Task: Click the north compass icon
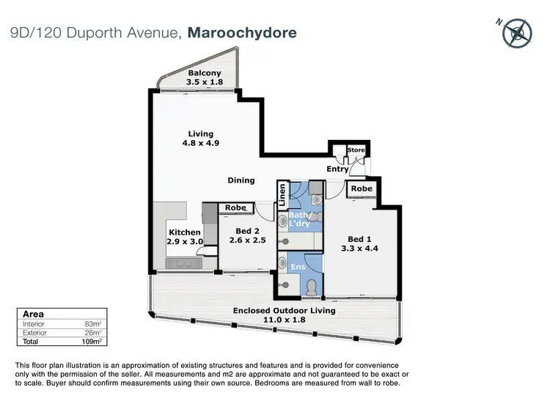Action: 519,32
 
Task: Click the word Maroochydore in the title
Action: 242,33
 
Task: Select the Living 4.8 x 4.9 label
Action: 200,139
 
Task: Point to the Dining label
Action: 241,180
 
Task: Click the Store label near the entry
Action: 356,151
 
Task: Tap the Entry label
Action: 337,169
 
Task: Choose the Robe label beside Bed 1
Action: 361,189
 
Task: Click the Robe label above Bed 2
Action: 235,208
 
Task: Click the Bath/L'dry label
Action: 304,218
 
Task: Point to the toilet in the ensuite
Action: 312,286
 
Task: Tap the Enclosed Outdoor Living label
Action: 284,311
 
